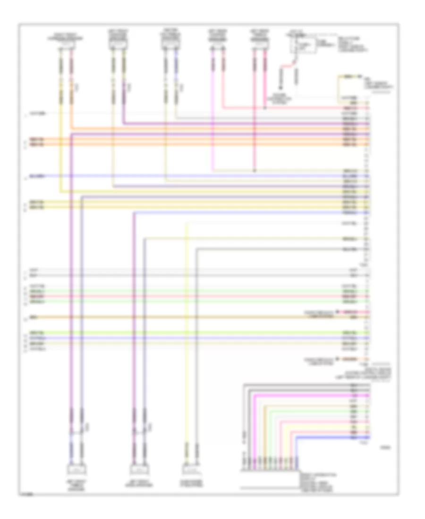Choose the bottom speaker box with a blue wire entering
coord(76,470)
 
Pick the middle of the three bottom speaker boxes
coord(140,470)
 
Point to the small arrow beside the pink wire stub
coord(337,312)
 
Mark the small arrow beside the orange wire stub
coord(337,359)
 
